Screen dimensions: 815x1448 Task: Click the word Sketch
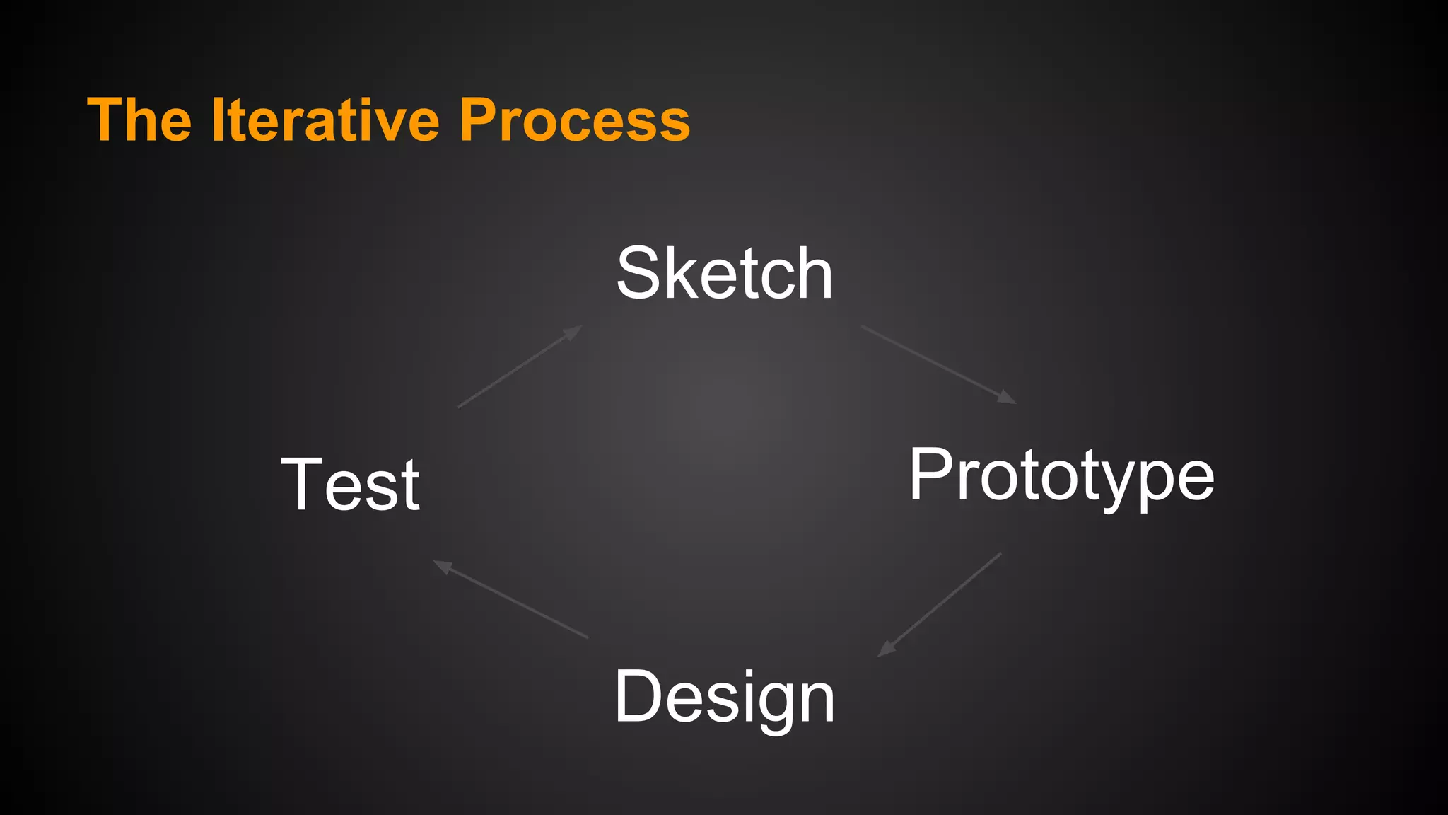click(724, 274)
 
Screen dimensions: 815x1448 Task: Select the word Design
click(724, 697)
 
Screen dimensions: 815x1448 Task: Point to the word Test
click(351, 485)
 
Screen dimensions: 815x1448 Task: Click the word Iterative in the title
click(325, 120)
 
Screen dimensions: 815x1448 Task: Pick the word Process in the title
click(574, 120)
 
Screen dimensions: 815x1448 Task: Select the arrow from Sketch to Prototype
click(938, 364)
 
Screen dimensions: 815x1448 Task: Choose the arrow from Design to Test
click(510, 599)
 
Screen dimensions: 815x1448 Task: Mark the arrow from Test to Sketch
click(520, 366)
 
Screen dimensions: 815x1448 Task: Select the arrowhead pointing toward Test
click(442, 566)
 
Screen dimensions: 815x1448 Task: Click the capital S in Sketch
click(638, 274)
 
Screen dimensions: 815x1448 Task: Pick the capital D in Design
click(636, 697)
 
